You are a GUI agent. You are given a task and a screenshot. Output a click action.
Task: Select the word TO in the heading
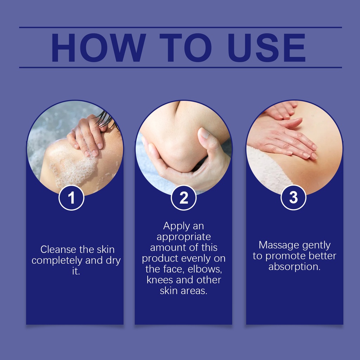[x=186, y=47]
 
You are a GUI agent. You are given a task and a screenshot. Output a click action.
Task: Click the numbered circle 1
[x=71, y=198]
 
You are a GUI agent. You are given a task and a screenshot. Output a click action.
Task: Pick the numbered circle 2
[x=184, y=198]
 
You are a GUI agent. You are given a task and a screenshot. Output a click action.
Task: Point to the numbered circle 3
[x=294, y=198]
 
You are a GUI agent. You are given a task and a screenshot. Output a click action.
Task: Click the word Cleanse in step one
[x=58, y=249]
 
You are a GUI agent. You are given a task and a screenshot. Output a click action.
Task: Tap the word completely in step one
[x=57, y=261]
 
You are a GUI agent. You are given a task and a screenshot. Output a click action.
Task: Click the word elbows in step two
[x=205, y=269]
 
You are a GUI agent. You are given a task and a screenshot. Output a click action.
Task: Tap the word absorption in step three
[x=294, y=267]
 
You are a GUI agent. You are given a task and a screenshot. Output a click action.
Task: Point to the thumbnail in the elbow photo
[x=204, y=133]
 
